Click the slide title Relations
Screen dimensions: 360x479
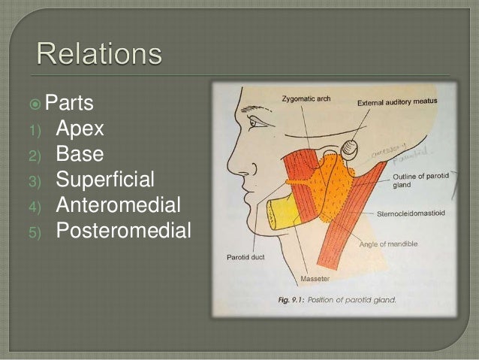click(98, 55)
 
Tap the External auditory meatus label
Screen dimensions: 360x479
click(397, 102)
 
